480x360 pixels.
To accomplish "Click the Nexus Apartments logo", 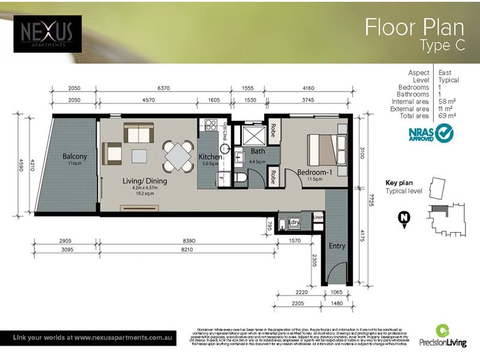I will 47,33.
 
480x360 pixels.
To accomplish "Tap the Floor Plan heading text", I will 414,28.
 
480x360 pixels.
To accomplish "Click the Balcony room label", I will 75,157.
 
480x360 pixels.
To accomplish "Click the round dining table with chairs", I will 179,155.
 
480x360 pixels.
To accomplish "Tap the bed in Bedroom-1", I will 325,148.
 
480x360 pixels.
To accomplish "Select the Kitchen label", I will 211,157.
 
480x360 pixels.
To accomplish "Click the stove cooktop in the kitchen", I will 211,125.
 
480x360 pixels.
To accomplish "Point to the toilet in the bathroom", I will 240,178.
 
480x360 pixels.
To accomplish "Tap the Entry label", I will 337,245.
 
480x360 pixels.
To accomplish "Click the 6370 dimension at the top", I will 164,88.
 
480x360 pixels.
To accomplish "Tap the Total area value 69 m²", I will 448,116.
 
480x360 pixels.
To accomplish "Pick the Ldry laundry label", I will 295,223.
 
